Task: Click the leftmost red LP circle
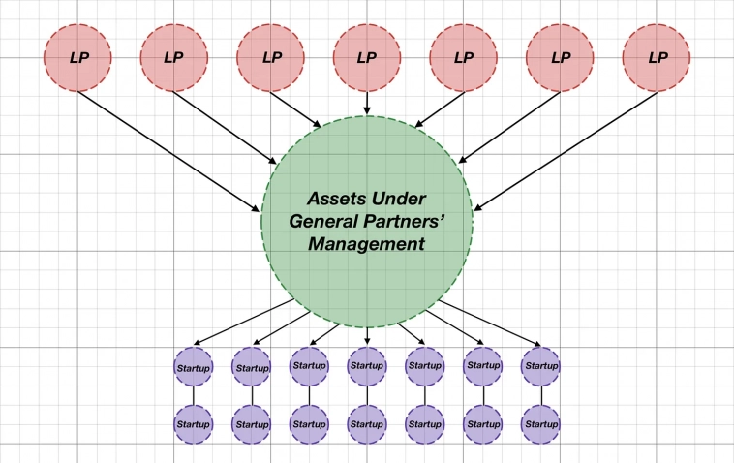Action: click(77, 57)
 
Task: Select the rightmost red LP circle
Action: click(657, 57)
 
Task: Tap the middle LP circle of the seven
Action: click(367, 57)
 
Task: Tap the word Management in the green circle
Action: click(367, 244)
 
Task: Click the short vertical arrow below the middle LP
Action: click(367, 103)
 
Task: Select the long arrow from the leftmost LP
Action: click(168, 152)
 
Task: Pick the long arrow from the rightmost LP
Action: click(566, 151)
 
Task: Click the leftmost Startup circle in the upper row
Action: click(194, 366)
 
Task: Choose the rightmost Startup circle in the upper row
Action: click(540, 366)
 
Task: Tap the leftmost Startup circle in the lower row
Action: click(194, 424)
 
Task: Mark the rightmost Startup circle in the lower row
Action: click(540, 424)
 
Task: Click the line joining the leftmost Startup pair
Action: click(194, 395)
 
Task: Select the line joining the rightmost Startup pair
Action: click(541, 395)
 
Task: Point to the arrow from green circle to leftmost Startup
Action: click(243, 323)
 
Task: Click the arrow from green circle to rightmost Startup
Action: click(490, 323)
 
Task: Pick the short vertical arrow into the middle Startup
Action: click(367, 336)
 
